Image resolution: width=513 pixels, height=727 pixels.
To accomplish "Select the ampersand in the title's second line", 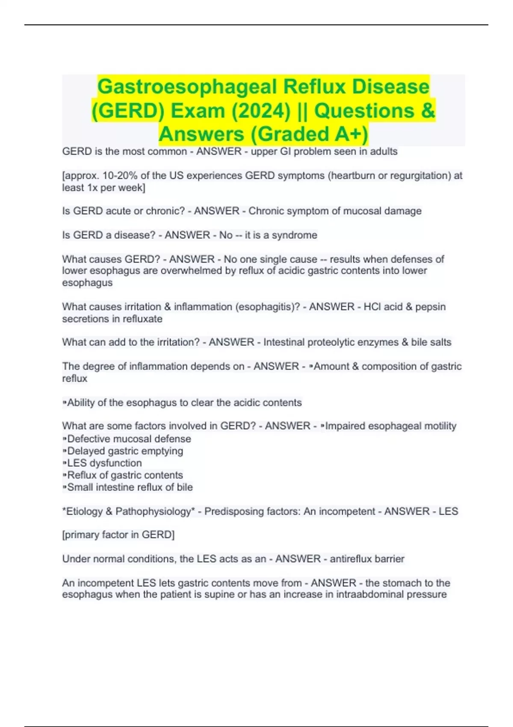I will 428,111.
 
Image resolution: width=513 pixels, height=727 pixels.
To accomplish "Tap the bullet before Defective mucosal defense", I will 65,439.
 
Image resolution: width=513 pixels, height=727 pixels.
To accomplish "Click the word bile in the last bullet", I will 185,487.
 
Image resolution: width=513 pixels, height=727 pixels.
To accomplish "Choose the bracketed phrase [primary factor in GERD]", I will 118,535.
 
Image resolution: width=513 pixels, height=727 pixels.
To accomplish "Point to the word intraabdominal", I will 369,594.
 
